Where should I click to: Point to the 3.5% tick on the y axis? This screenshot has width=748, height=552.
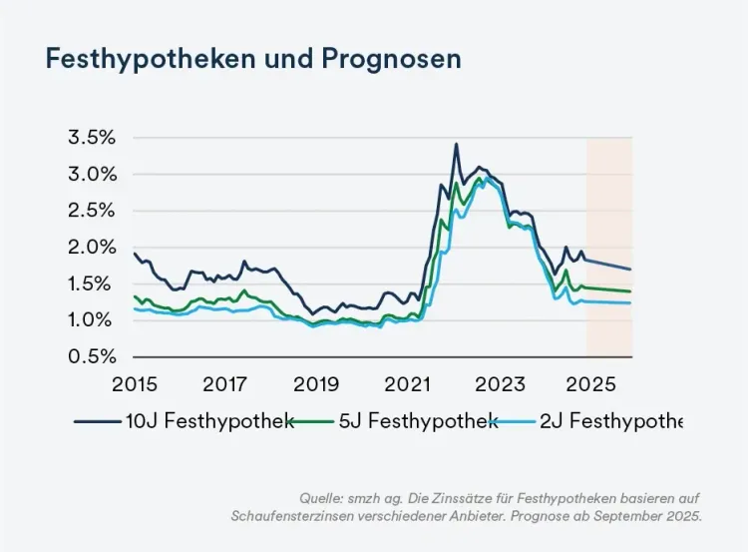92,138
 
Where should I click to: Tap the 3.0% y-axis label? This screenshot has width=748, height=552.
92,174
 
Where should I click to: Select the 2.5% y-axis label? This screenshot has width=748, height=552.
92,211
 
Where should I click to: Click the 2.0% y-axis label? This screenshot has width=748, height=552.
92,248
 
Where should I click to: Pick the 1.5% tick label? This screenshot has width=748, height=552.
92,284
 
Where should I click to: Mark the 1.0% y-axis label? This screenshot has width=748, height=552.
92,320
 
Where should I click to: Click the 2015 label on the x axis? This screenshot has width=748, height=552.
135,384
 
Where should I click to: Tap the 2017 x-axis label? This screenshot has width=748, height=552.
225,384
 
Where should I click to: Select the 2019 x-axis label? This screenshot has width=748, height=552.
317,384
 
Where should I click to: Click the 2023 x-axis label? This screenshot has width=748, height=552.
500,384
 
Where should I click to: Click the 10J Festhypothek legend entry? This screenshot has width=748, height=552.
184,421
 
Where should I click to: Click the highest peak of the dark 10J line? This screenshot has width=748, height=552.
456,144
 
